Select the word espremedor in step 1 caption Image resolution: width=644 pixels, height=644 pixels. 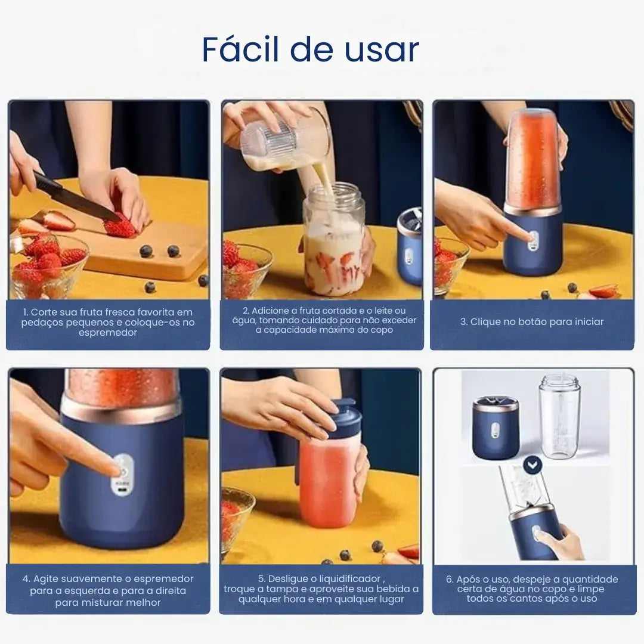pos(107,333)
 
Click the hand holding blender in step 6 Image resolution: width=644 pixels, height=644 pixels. pos(561,540)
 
